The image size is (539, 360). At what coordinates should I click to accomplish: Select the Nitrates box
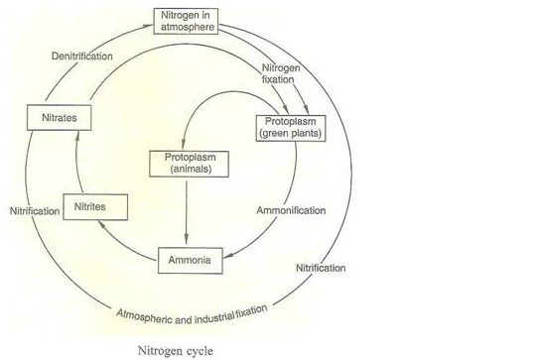(54, 117)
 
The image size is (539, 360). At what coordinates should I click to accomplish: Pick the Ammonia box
(190, 260)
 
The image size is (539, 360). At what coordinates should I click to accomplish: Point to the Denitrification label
(81, 56)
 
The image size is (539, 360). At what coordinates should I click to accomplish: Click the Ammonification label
(290, 211)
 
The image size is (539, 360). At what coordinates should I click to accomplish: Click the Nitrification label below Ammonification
(321, 269)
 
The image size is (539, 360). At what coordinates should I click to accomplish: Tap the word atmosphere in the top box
(189, 26)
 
